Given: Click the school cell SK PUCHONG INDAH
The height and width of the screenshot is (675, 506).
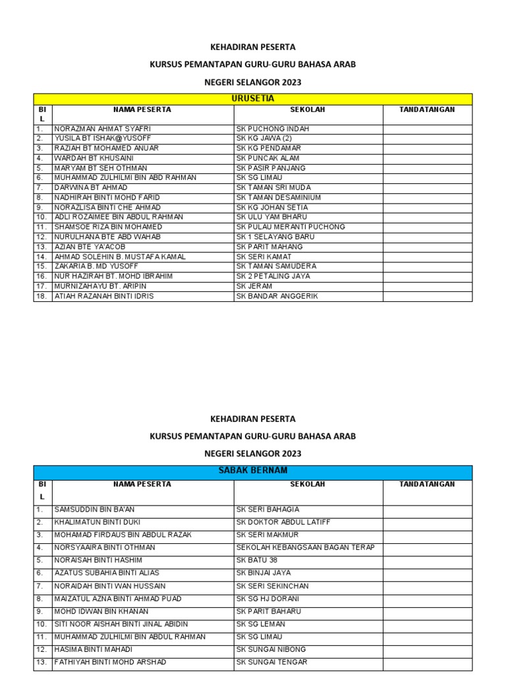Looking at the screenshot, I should (x=272, y=129).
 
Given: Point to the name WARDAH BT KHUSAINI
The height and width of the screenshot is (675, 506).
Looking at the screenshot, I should (x=94, y=158).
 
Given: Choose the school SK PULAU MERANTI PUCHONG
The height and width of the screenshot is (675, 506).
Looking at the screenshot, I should (x=291, y=227).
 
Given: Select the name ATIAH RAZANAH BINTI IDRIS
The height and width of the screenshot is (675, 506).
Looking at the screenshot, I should (x=103, y=296).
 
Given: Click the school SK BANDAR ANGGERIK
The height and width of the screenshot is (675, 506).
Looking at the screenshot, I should (x=277, y=296).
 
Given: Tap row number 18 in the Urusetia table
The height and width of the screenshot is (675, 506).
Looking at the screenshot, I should (x=41, y=296).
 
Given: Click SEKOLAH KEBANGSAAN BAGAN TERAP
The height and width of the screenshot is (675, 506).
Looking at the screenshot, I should (x=305, y=547).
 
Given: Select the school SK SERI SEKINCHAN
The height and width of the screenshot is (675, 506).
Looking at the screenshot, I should (x=272, y=586).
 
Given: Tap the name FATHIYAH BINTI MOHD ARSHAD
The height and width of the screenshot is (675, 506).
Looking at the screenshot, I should (x=110, y=662).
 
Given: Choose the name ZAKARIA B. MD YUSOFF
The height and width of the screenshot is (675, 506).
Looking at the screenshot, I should (x=96, y=266).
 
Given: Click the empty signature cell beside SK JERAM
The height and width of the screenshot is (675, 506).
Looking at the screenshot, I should (x=427, y=286).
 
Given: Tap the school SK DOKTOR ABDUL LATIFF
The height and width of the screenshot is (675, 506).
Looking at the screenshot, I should (x=283, y=522).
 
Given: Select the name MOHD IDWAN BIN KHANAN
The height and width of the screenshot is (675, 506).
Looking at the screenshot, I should (x=101, y=611).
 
